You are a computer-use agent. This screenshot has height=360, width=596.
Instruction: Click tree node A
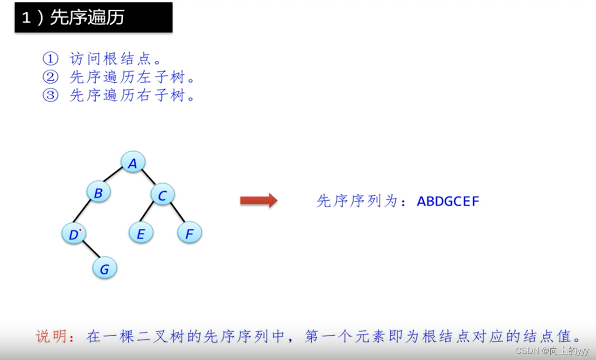[133, 162]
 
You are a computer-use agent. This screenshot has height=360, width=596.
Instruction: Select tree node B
[98, 192]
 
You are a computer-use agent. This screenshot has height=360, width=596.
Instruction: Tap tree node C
[162, 195]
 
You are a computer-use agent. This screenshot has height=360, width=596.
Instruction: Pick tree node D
[74, 234]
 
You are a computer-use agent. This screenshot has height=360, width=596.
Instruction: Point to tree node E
[141, 233]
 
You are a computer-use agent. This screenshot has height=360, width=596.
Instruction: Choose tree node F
[189, 233]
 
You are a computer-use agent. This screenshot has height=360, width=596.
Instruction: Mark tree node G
[105, 268]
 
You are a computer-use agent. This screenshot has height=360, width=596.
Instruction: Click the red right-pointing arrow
[259, 201]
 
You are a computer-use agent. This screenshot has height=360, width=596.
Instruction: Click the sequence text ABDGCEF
[448, 201]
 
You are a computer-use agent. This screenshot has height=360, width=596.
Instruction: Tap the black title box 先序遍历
[93, 18]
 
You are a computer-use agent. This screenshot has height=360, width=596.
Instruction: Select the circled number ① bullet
[50, 59]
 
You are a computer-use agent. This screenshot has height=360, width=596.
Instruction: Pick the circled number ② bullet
[50, 77]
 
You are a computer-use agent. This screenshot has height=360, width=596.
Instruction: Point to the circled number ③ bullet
[50, 95]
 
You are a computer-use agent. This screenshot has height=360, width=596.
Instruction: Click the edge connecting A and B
[112, 175]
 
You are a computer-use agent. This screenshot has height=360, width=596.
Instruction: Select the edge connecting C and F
[177, 212]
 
